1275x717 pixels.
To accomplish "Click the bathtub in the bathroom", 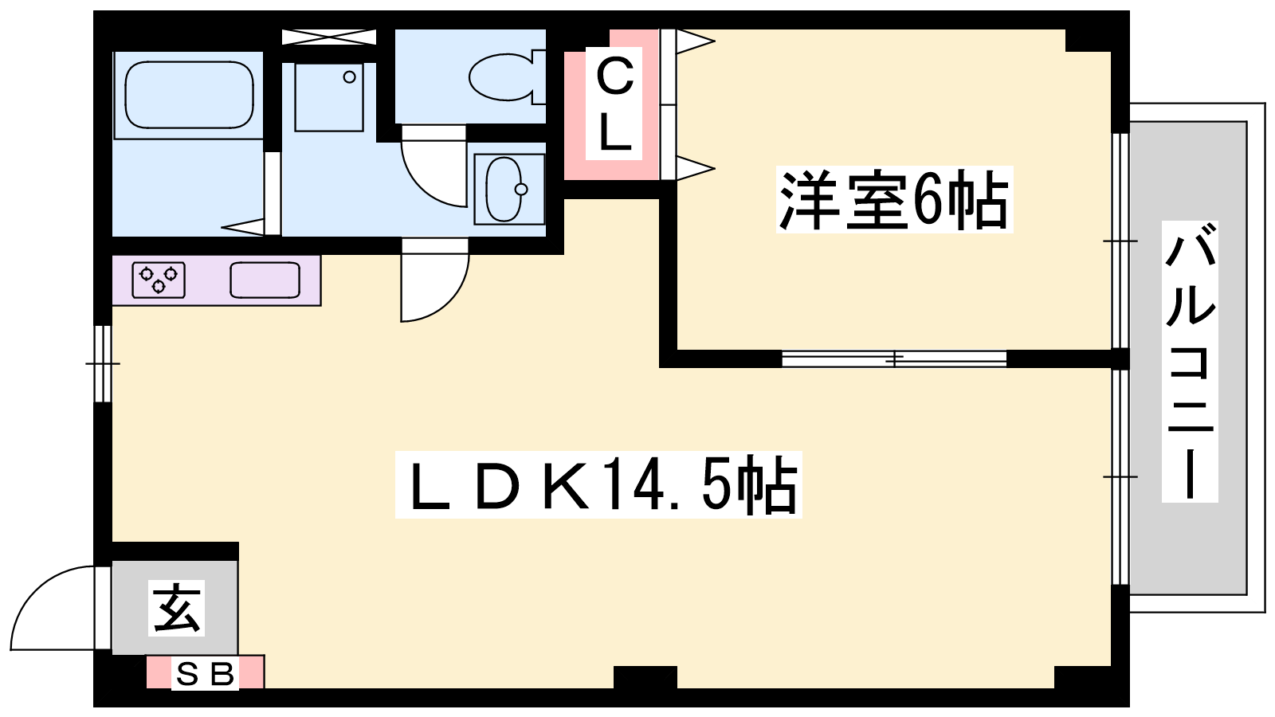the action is tap(189, 95).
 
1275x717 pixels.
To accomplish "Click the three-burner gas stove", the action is tap(159, 280).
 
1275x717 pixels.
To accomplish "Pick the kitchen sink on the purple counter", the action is tap(265, 280).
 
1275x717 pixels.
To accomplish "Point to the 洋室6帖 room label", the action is tap(894, 200).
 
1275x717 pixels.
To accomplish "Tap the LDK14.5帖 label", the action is tap(598, 485).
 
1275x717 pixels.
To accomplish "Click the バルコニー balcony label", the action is tap(1190, 362).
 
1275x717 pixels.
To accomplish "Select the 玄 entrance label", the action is tap(176, 608).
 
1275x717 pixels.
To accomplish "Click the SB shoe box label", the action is tap(205, 675).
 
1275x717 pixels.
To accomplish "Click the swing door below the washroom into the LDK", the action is tap(435, 280).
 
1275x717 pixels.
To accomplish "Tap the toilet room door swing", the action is tap(433, 166).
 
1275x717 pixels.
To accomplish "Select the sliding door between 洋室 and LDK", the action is tap(894, 359).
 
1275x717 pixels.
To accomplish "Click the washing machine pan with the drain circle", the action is tap(329, 97).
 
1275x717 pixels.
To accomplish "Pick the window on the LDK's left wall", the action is tap(103, 363).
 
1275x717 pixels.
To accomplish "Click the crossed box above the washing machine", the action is tap(329, 37).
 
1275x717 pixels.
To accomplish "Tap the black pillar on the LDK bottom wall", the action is tap(645, 677).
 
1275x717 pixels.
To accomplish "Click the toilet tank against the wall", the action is tap(539, 77).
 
